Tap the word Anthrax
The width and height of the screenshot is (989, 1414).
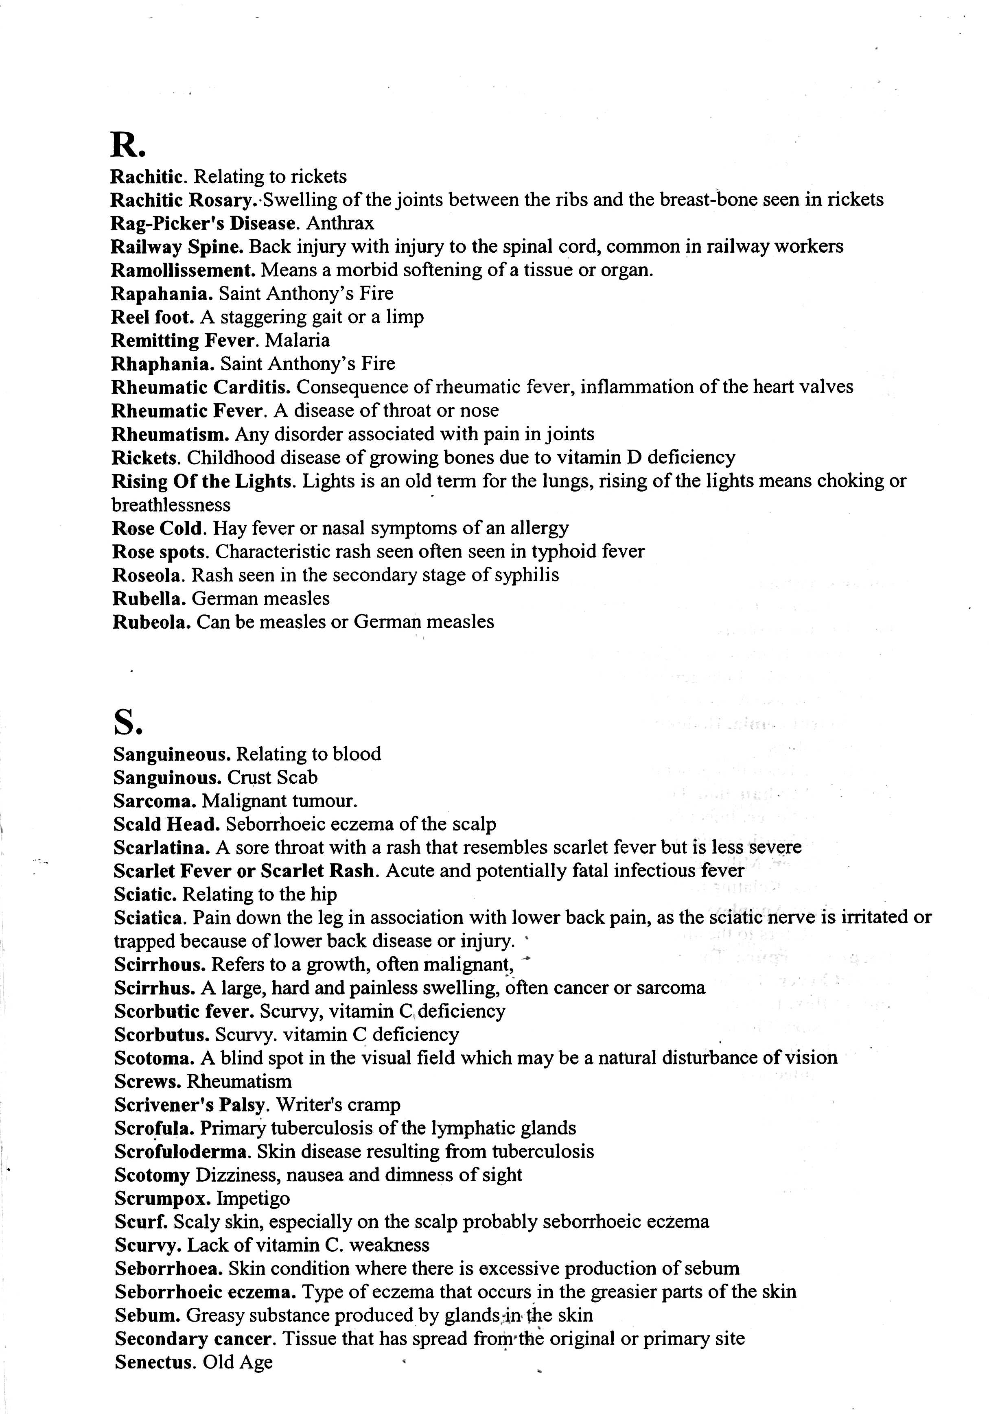340,223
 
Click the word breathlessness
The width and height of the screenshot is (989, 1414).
171,505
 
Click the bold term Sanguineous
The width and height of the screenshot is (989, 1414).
172,754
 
